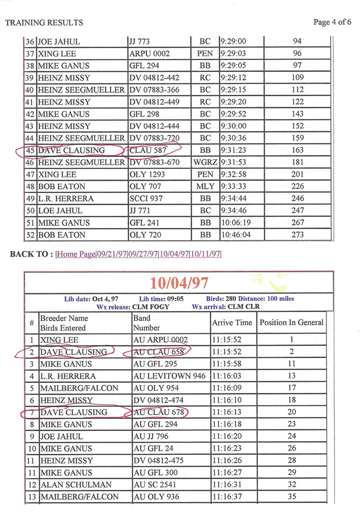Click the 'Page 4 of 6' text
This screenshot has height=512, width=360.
point(332,22)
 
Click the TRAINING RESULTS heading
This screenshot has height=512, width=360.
point(44,23)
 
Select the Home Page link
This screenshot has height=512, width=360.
point(76,254)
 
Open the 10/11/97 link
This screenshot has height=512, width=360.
point(205,254)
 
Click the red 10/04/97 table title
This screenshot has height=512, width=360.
point(178,283)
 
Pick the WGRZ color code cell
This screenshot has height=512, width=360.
point(205,162)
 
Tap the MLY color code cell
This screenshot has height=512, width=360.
point(205,186)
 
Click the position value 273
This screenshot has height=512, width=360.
point(298,235)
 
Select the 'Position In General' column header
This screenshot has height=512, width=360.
point(291,322)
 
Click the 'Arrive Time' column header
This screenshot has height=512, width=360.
point(232,322)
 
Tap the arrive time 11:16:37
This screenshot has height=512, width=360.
point(232,497)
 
